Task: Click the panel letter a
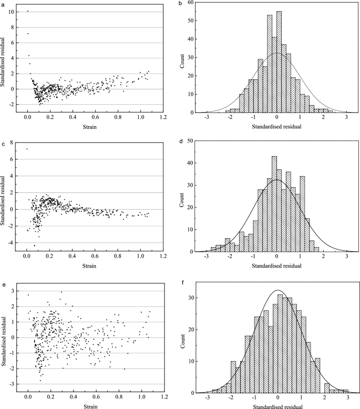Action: pyautogui.click(x=3, y=4)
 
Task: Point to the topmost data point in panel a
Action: pyautogui.click(x=28, y=11)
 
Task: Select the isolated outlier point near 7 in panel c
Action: pyautogui.click(x=27, y=149)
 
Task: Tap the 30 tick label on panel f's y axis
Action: pyautogui.click(x=188, y=297)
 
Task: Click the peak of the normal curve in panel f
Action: pyautogui.click(x=277, y=290)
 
